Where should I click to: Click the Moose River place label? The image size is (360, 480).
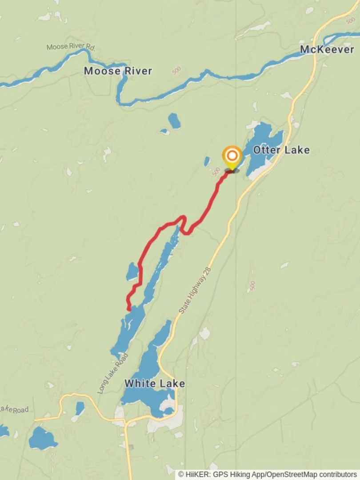[118, 71]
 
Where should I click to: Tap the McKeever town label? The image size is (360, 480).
[327, 49]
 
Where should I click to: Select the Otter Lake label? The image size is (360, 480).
[281, 150]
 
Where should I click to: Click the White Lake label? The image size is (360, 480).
[154, 383]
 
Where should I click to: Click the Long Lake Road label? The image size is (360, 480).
[112, 374]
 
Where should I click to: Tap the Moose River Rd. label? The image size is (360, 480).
[71, 47]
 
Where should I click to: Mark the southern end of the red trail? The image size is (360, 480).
[129, 309]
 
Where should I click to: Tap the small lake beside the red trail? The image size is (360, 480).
[132, 272]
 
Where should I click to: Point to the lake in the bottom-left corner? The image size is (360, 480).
[42, 439]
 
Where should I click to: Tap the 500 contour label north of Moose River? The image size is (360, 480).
[176, 70]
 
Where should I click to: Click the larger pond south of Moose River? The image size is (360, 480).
[174, 120]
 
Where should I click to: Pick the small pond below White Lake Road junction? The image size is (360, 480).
[80, 408]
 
